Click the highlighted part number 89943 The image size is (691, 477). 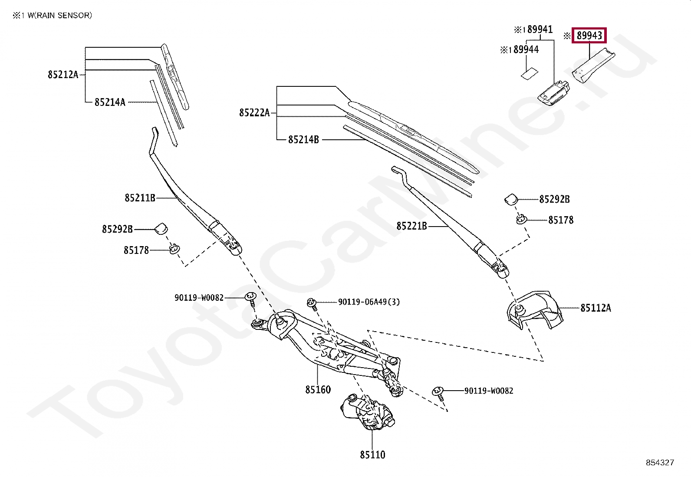point(589,36)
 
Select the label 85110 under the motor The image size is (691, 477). point(372,455)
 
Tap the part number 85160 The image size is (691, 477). point(318,390)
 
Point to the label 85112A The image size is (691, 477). point(596,308)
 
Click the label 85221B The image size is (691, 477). point(411,226)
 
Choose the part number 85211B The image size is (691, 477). point(140,198)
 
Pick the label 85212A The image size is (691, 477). point(63,75)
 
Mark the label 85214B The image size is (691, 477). point(303,140)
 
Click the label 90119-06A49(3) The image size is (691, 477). point(369,302)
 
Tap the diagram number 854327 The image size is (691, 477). point(660,463)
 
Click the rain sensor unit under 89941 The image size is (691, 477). point(554,93)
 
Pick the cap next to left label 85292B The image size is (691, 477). point(161,228)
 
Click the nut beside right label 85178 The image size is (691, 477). point(521,219)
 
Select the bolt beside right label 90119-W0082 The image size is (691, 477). point(438,392)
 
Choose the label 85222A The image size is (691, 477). point(254,113)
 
